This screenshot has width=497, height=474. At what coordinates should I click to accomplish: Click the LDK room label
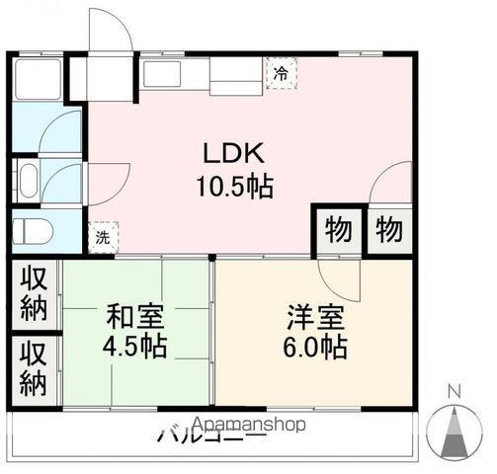(x=233, y=153)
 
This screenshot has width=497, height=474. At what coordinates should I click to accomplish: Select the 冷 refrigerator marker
(x=282, y=72)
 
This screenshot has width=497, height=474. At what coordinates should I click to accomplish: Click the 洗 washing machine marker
(x=103, y=237)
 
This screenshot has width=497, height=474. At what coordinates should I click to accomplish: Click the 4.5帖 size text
(x=136, y=348)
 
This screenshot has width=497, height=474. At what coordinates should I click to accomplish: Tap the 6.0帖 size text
(x=316, y=348)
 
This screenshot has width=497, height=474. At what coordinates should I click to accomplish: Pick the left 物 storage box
(x=338, y=230)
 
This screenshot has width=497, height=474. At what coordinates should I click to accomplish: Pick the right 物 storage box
(x=388, y=230)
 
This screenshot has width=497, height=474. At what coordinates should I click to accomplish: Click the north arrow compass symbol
(x=456, y=432)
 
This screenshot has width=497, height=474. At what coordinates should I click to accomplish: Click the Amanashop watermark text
(x=252, y=424)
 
